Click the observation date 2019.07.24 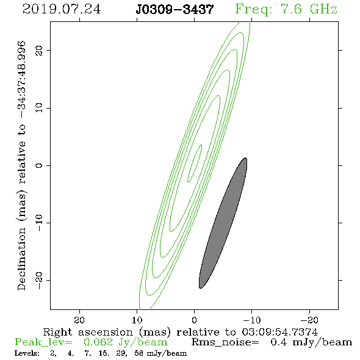point(62,9)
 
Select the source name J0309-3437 point(175,10)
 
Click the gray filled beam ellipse point(223,223)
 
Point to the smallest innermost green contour point(195,163)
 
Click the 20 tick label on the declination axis point(39,50)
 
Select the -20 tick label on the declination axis point(39,281)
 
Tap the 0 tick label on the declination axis point(39,165)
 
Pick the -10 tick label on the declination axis point(39,223)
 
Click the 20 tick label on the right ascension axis point(79,320)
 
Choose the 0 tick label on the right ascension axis point(195,320)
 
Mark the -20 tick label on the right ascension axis point(310,320)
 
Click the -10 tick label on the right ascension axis point(252,320)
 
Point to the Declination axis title point(21,165)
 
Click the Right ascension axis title point(181,332)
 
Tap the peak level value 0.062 point(98,342)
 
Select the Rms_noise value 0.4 point(279,342)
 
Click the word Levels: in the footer point(27,353)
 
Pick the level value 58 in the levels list point(139,353)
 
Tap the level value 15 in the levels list point(103,353)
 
